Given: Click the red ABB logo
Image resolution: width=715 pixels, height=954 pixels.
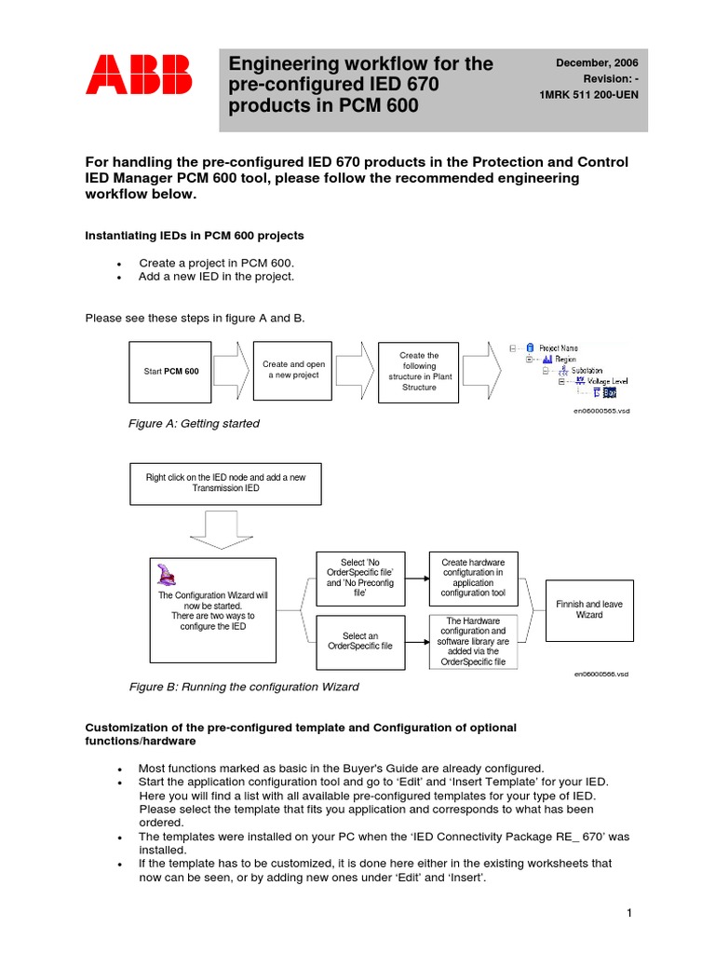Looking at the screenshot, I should [x=139, y=75].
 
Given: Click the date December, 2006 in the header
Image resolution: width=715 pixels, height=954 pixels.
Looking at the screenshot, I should [x=597, y=62].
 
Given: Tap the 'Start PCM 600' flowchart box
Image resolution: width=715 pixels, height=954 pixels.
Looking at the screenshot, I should [x=170, y=371].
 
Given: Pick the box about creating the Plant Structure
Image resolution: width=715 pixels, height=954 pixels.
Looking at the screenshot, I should [x=418, y=371].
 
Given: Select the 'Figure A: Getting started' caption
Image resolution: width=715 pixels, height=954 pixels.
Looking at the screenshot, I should [x=194, y=424].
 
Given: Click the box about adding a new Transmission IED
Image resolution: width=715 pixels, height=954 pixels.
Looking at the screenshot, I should [x=225, y=483].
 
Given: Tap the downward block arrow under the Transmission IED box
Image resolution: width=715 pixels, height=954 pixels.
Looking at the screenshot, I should [x=225, y=530].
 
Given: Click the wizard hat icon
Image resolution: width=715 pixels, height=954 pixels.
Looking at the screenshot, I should [x=167, y=575].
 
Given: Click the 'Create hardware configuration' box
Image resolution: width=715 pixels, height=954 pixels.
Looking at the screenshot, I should [x=473, y=578].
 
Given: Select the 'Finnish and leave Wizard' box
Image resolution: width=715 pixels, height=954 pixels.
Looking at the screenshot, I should [x=589, y=609].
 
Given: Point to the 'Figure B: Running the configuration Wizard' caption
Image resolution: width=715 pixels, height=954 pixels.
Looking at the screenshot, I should [x=243, y=688].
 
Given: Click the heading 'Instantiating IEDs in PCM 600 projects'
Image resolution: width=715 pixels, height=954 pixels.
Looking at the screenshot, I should [x=195, y=236].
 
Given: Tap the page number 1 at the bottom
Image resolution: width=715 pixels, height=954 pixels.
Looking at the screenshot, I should [x=629, y=914].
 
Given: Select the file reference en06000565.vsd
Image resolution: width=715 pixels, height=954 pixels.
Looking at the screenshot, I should [x=600, y=411].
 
